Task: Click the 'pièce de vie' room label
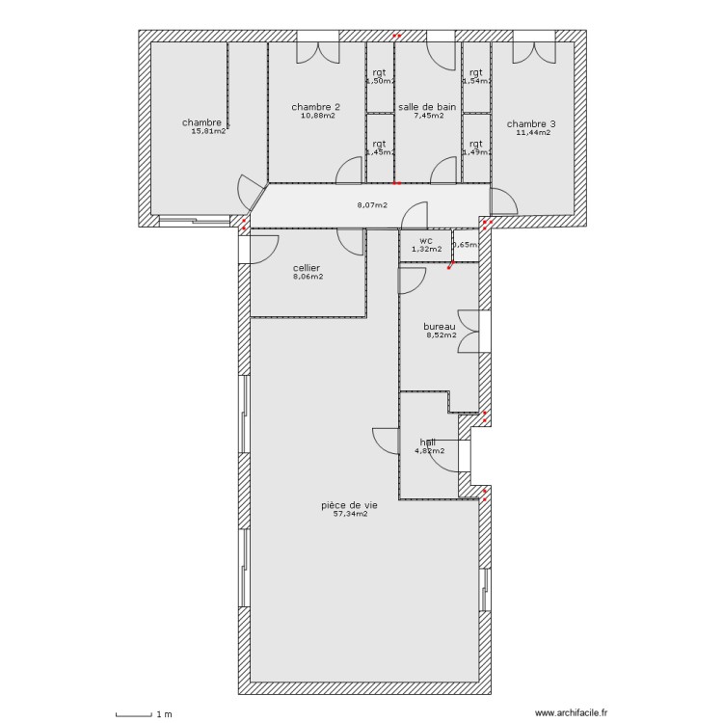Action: coord(349,504)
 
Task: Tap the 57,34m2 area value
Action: coord(349,515)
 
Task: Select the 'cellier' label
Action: coord(307,267)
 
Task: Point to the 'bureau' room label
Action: coord(440,327)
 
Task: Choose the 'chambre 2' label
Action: coord(316,107)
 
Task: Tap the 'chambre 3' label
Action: coord(531,123)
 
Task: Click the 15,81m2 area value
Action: coord(208,132)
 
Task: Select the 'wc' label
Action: coord(425,240)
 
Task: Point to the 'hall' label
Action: coord(427,442)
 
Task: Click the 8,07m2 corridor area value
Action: coord(372,205)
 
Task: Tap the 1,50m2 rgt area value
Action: coord(380,82)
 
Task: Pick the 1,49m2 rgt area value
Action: coord(475,152)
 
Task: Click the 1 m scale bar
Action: coord(134,714)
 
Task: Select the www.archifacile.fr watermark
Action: coord(571,713)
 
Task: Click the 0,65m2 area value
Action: coord(466,246)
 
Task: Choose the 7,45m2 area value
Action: coord(428,117)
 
